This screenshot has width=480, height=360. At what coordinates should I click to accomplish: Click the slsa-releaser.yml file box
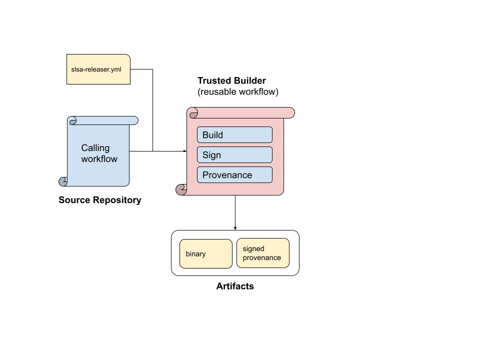pos(98,69)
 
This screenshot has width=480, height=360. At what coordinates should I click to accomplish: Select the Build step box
pos(234,135)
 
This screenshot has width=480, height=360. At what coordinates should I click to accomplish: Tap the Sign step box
pos(234,155)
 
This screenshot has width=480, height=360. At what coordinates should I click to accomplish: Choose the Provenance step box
pos(234,175)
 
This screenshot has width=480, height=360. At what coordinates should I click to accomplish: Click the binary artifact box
pos(206,253)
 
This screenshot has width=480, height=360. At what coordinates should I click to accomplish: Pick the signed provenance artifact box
pos(263,253)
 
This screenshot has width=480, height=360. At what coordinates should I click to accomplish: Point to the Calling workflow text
pos(99,153)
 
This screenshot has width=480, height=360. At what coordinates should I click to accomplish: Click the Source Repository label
pos(100,200)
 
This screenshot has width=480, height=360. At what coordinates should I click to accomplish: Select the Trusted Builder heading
pos(231,80)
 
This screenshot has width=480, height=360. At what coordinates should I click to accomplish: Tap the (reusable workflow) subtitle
pos(238,92)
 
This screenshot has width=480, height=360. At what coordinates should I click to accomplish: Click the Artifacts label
pos(235,286)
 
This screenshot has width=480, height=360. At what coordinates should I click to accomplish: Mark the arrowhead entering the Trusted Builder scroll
pos(184,150)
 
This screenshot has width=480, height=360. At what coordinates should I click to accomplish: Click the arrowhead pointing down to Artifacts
pos(235,228)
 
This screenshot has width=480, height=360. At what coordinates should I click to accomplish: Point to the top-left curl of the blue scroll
pos(72,120)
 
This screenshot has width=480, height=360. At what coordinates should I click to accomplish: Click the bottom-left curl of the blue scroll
pos(63,181)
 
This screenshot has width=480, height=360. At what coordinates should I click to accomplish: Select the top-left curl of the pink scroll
pos(192,113)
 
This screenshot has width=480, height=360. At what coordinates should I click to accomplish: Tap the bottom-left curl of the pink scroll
pos(181,189)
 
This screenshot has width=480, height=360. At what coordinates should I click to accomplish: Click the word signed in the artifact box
pos(253,248)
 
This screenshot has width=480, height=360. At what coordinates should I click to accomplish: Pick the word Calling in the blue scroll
pos(95,148)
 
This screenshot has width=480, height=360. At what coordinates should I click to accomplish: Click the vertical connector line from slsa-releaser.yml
pos(152,110)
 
